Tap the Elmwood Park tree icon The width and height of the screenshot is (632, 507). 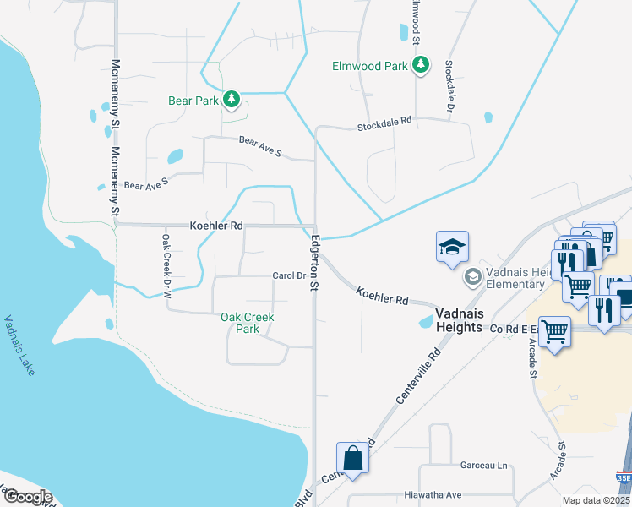[420, 64]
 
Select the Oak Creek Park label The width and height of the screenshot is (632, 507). [248, 323]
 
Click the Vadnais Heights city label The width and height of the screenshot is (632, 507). [458, 320]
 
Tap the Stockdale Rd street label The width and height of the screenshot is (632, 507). [384, 123]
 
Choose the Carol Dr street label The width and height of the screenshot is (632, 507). [288, 275]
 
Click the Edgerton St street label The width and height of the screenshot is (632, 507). [312, 263]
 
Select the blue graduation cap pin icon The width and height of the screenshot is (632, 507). [452, 247]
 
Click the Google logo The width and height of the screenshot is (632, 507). [27, 497]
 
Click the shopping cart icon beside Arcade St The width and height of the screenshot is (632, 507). [553, 331]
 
